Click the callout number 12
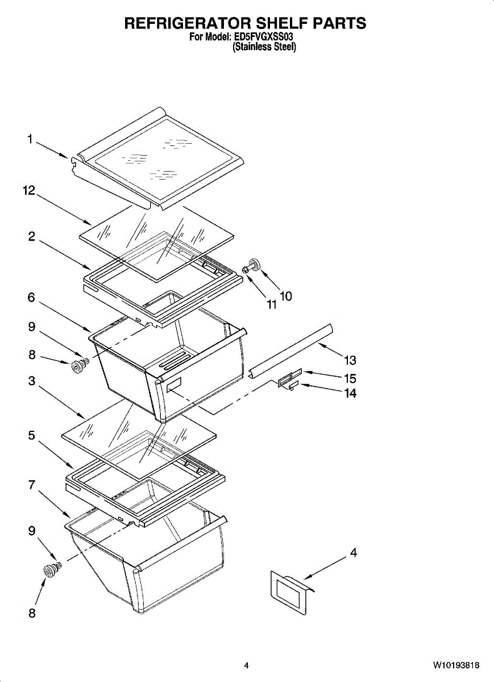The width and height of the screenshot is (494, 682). pos(29,190)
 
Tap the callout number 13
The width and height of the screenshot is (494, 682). pos(350,360)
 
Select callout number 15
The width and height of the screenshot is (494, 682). pos(350,379)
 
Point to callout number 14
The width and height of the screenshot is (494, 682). pos(350,393)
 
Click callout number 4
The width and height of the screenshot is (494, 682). pos(353,552)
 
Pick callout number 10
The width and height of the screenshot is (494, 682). pos(286,296)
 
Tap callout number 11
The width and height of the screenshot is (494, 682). pos(272,304)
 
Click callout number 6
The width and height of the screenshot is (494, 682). pos(31,297)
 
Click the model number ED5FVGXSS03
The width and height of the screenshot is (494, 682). pos(263,37)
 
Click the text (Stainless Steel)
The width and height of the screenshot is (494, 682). pos(264,47)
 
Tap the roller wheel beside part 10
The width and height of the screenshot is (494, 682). pos(254,263)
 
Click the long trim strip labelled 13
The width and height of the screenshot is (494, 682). pos(291,351)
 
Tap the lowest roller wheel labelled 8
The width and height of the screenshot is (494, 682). pos(49,570)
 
